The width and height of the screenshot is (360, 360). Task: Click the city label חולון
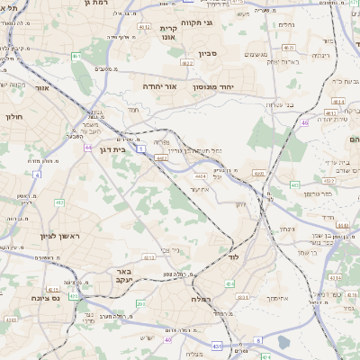click(13, 116)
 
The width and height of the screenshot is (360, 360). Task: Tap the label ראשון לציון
click(35, 236)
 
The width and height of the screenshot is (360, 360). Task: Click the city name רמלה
click(201, 298)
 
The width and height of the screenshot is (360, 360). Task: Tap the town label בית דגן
click(114, 149)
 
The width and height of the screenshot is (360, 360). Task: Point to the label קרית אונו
click(171, 34)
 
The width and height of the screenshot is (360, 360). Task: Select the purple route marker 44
click(88, 146)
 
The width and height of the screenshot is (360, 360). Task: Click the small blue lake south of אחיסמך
click(284, 342)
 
